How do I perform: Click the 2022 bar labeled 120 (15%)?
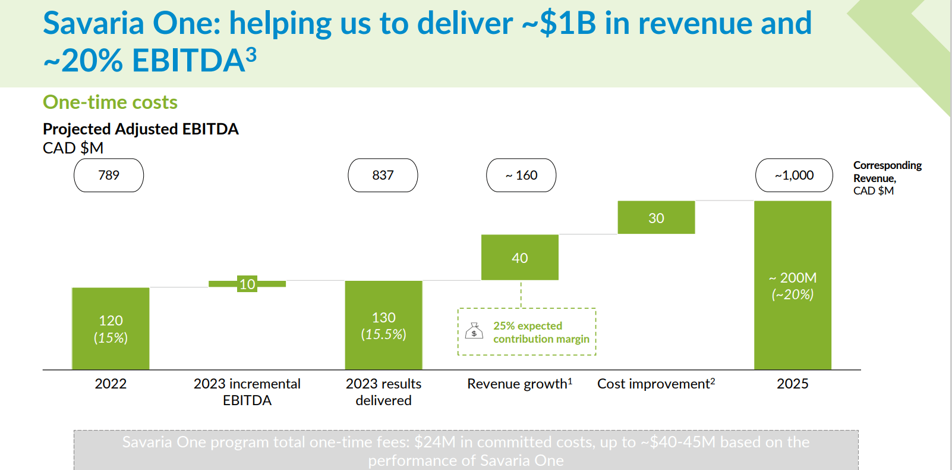pyautogui.click(x=111, y=328)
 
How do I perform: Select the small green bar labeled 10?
pyautogui.click(x=247, y=284)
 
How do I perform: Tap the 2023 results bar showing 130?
pyautogui.click(x=383, y=325)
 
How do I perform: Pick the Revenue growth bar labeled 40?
pyautogui.click(x=519, y=257)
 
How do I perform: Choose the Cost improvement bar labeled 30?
pyautogui.click(x=656, y=218)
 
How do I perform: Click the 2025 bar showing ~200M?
pyautogui.click(x=792, y=286)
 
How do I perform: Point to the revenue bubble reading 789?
pyautogui.click(x=109, y=175)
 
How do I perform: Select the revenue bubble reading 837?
pyautogui.click(x=383, y=175)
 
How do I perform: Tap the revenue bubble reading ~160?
pyautogui.click(x=521, y=175)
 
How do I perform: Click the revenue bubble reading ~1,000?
pyautogui.click(x=794, y=175)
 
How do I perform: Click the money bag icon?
pyautogui.click(x=474, y=331)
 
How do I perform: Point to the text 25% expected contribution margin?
pyautogui.click(x=541, y=332)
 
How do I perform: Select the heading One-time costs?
pyautogui.click(x=110, y=102)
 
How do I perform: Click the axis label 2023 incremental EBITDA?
pyautogui.click(x=247, y=391)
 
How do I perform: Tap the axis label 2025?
pyautogui.click(x=792, y=384)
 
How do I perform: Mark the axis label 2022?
pyautogui.click(x=111, y=384)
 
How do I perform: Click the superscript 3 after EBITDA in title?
pyautogui.click(x=251, y=55)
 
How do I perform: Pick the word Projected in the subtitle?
pyautogui.click(x=77, y=129)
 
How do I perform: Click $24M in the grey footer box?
pyautogui.click(x=434, y=442)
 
